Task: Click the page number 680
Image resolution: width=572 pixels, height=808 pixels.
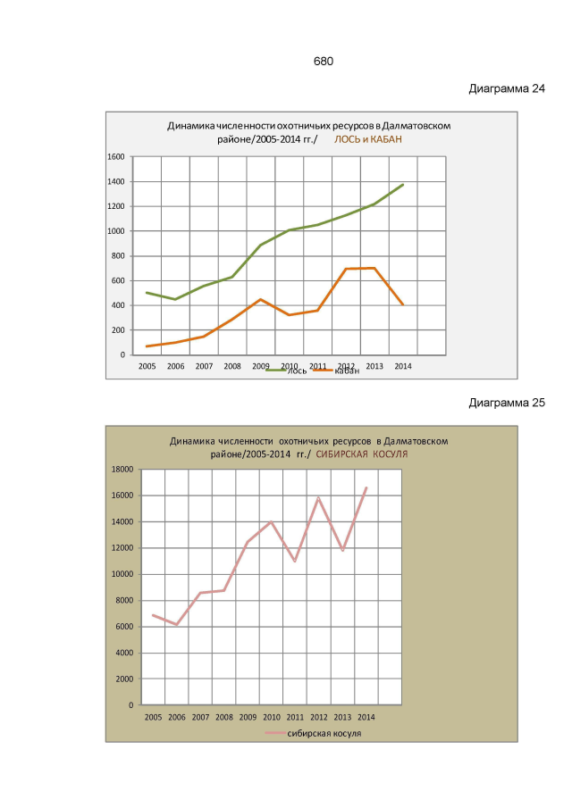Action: click(323, 62)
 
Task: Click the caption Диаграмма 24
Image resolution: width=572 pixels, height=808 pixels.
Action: click(507, 89)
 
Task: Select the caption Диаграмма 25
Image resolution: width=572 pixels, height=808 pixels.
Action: click(507, 403)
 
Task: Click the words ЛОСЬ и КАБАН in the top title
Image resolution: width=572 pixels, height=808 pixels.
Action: click(368, 140)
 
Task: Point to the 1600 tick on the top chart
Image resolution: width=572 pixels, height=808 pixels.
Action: click(115, 157)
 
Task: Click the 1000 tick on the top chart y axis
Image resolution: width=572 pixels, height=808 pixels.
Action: click(115, 231)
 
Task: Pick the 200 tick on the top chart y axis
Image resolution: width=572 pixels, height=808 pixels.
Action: click(117, 330)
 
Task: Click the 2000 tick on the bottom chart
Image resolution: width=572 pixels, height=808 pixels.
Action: click(123, 679)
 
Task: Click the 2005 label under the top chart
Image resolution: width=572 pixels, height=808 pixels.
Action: click(147, 366)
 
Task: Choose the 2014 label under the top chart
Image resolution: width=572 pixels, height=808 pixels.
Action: click(402, 366)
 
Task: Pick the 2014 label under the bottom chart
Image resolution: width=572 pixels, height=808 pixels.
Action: click(366, 717)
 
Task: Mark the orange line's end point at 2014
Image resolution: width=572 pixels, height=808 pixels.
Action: click(403, 305)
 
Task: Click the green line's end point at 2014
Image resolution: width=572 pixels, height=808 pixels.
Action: click(403, 185)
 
